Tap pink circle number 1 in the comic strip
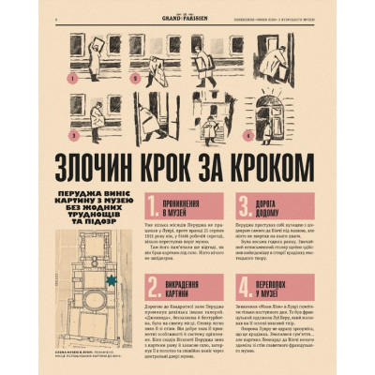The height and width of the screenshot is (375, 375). point(73,79)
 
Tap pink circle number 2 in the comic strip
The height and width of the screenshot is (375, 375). point(135,79)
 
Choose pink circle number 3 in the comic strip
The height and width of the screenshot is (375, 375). point(73,136)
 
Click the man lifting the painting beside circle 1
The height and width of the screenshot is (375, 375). point(99,56)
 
